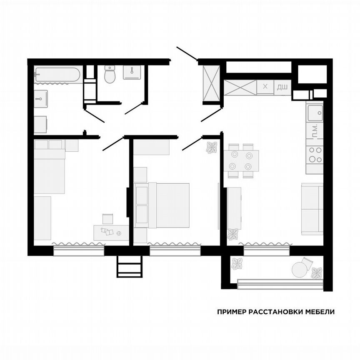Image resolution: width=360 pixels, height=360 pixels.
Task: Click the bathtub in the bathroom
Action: click(57, 75)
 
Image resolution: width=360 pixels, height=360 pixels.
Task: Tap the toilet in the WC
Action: click(110, 75)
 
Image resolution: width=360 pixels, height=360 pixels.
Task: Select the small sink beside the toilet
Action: click(133, 72)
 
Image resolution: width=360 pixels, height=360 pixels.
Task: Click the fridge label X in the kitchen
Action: click(265, 87)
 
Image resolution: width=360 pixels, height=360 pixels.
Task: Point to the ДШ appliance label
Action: click(282, 87)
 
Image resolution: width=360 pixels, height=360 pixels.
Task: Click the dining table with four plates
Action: click(241, 161)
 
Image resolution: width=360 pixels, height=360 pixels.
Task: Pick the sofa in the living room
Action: click(312, 209)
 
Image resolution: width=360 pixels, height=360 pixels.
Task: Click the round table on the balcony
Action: click(300, 269)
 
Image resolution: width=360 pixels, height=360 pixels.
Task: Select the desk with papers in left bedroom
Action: click(111, 232)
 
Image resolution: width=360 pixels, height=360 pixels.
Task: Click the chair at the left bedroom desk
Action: click(108, 218)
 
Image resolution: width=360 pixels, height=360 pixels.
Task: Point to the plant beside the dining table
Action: click(212, 147)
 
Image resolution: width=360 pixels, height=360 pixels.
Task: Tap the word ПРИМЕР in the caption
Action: click(231, 312)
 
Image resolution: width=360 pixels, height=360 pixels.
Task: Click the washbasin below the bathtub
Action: click(40, 99)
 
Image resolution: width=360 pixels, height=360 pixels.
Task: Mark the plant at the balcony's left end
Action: click(237, 263)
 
